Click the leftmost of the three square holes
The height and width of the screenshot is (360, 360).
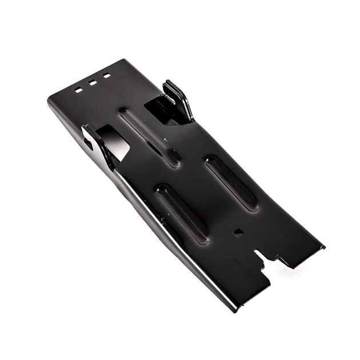[x=78, y=90]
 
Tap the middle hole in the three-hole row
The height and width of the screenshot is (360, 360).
[x=93, y=83]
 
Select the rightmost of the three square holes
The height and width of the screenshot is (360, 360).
[x=106, y=75]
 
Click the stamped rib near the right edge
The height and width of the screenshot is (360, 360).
[x=231, y=182]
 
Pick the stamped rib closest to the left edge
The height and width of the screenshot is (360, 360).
[x=182, y=212]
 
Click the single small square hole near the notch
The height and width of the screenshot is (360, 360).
[x=238, y=233]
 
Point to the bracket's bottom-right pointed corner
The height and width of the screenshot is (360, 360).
[x=323, y=247]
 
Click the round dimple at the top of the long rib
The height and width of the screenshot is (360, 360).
[x=122, y=111]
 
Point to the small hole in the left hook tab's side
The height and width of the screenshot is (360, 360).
[x=89, y=143]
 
